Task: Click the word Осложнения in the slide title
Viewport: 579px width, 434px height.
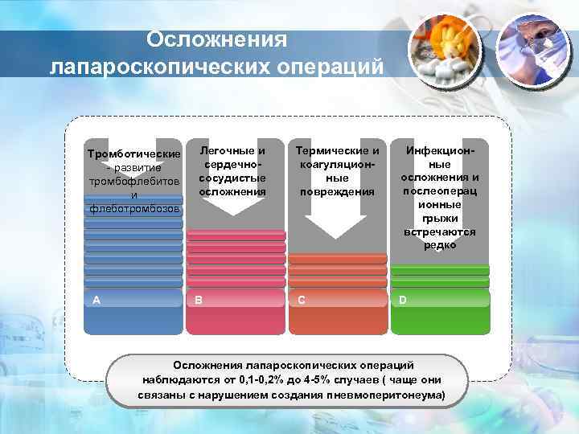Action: coord(216,40)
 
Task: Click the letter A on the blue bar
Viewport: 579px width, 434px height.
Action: coord(96,300)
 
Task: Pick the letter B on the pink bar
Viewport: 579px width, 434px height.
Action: coord(198,300)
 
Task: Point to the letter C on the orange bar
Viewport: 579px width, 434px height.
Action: coord(301,300)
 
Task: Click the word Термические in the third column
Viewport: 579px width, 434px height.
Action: coord(338,150)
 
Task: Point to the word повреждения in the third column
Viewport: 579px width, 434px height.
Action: coord(338,191)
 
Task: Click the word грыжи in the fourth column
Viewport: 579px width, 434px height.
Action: coord(440,218)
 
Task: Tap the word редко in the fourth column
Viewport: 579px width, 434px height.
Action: coord(440,245)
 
